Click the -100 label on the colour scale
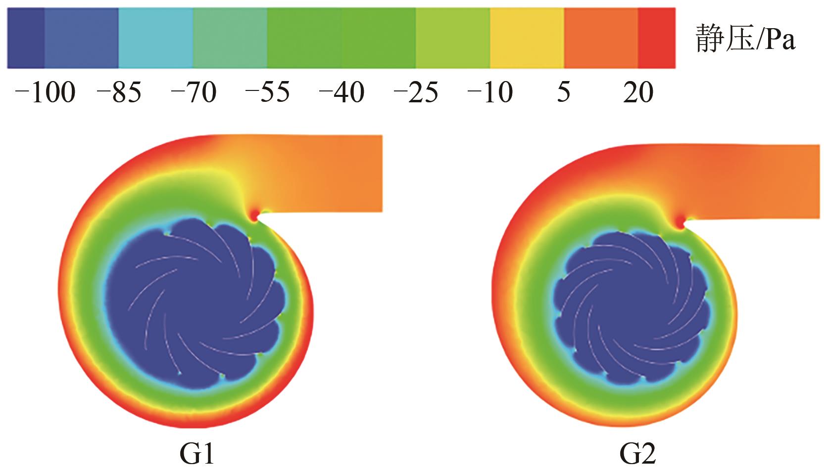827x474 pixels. (x=46, y=93)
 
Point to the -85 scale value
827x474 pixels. (x=119, y=93)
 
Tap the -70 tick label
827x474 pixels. (x=194, y=93)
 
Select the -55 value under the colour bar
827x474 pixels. (x=268, y=93)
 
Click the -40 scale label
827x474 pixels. (x=342, y=93)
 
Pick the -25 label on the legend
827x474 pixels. (x=416, y=93)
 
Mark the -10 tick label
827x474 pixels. (x=490, y=93)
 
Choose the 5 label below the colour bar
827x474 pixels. (x=564, y=93)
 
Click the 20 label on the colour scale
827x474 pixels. (x=638, y=93)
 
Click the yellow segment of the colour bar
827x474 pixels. (x=527, y=38)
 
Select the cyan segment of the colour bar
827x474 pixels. (x=156, y=38)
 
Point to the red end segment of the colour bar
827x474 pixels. (x=657, y=38)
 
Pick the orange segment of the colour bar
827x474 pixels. (x=601, y=38)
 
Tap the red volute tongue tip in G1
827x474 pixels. (x=254, y=215)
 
